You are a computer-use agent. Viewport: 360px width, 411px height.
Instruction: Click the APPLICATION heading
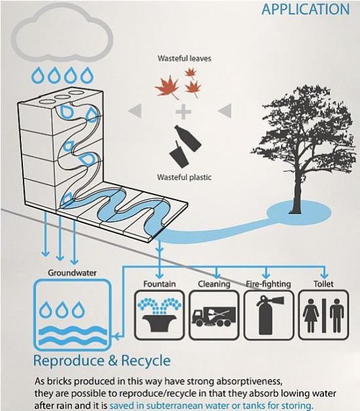click(x=306, y=9)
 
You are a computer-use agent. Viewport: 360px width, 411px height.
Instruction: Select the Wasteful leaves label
click(x=185, y=58)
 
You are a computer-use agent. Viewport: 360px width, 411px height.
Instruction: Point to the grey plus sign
click(x=183, y=112)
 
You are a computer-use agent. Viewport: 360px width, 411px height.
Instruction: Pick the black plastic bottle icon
click(x=189, y=137)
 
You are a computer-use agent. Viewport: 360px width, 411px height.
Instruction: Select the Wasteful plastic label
click(x=184, y=177)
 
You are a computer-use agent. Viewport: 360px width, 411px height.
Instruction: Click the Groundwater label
click(x=72, y=273)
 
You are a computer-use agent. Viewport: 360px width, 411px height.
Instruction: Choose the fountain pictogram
click(x=160, y=315)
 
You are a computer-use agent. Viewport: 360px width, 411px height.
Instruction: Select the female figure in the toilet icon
click(x=311, y=315)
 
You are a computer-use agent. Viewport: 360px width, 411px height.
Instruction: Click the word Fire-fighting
click(x=268, y=284)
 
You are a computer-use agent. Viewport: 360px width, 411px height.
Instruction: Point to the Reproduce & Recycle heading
click(x=102, y=361)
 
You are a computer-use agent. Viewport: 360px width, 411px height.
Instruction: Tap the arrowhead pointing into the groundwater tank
click(x=115, y=336)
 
